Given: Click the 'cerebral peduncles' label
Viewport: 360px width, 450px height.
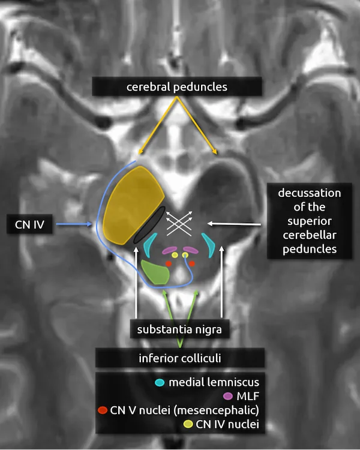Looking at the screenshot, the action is tap(176, 87).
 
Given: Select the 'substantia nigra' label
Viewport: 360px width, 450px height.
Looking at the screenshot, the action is tap(180, 329).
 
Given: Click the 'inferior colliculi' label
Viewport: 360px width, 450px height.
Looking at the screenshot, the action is tap(180, 359).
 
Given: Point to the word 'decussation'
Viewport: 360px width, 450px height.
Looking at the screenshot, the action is tap(309, 193).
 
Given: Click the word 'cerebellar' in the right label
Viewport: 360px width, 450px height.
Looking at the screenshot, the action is tap(309, 234).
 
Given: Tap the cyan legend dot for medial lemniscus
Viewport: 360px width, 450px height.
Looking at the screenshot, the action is tap(160, 382).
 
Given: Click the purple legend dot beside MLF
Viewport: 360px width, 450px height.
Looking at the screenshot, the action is tap(227, 396).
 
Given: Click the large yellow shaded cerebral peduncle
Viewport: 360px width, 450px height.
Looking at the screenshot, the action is tap(133, 204).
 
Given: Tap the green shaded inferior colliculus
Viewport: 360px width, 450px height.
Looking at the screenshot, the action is tap(155, 271).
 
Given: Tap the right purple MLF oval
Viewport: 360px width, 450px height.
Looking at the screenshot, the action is tap(191, 249).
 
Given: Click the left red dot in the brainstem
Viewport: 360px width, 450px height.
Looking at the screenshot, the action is tap(169, 263).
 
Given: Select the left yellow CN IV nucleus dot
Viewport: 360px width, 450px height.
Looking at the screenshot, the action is tap(175, 255).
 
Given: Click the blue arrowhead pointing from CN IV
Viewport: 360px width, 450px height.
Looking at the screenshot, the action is tap(90, 225).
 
